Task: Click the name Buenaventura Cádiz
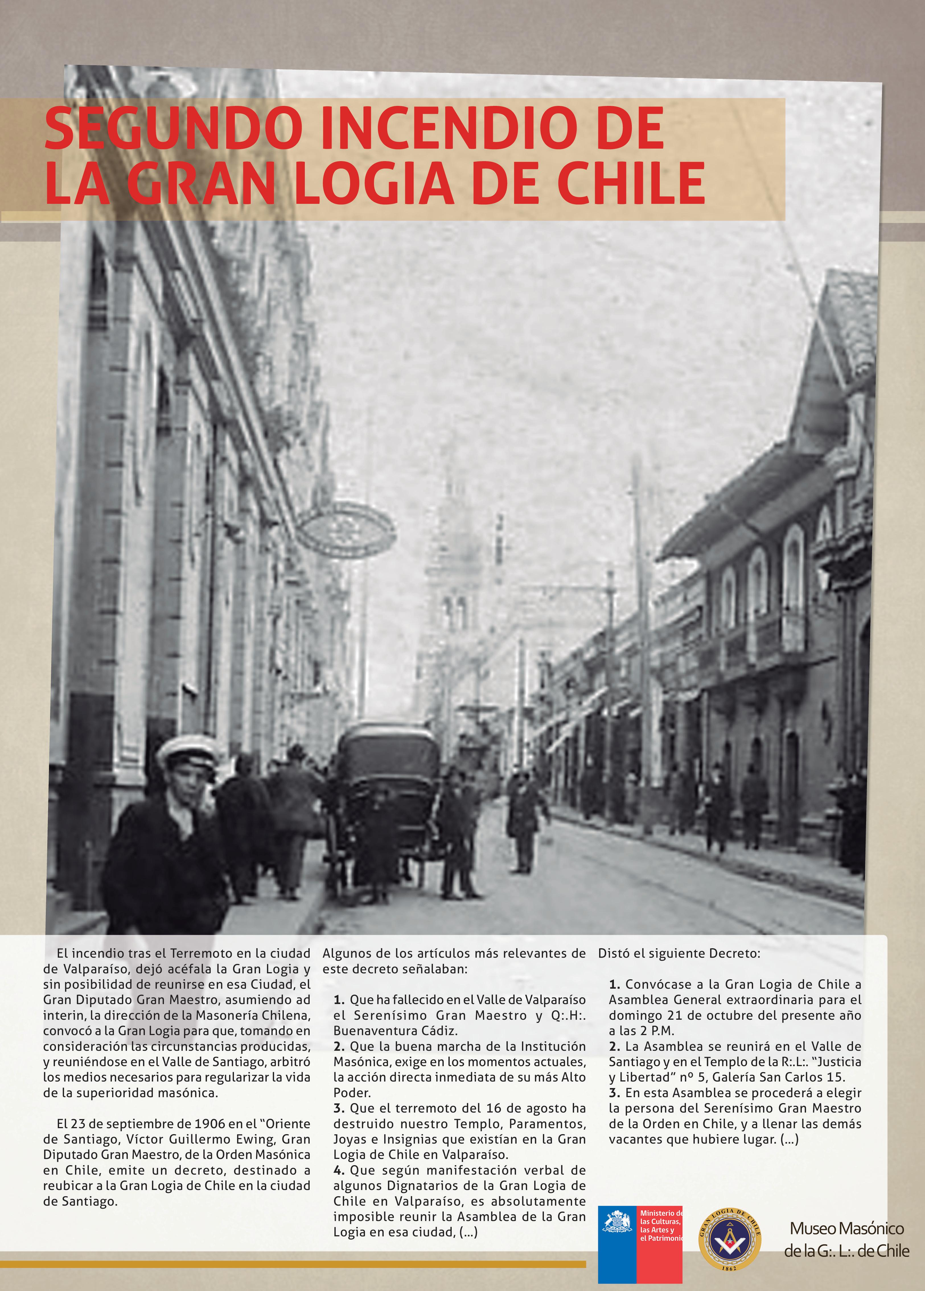click(395, 1030)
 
